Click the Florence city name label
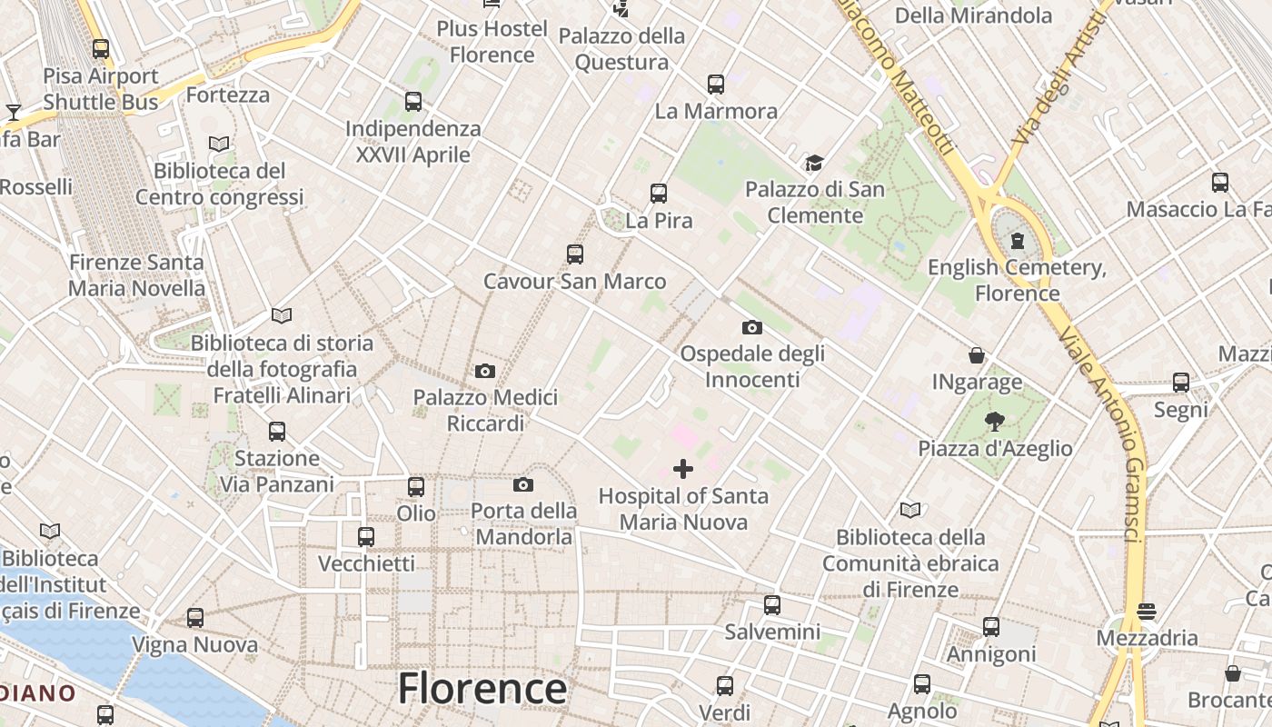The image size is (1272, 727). (482, 688)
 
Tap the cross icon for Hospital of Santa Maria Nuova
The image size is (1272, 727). (683, 469)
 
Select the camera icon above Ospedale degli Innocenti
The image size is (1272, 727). (751, 327)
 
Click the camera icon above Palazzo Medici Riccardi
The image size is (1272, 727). (485, 371)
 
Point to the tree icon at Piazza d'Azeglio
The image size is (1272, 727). (995, 421)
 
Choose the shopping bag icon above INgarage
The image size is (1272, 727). (977, 354)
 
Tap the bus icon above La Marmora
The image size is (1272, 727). (716, 85)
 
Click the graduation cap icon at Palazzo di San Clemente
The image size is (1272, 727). (814, 164)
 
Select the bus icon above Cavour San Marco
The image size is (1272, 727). (575, 254)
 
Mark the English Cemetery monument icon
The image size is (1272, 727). (1018, 241)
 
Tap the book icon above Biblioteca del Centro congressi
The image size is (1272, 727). (219, 144)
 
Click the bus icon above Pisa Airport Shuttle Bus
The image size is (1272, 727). (101, 49)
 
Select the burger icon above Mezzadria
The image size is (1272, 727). (1147, 611)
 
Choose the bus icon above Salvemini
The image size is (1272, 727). (772, 604)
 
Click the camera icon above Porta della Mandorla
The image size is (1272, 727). (523, 484)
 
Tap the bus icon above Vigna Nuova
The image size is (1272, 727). (195, 618)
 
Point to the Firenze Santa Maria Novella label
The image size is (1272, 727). (137, 275)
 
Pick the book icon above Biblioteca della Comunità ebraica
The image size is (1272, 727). (910, 511)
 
